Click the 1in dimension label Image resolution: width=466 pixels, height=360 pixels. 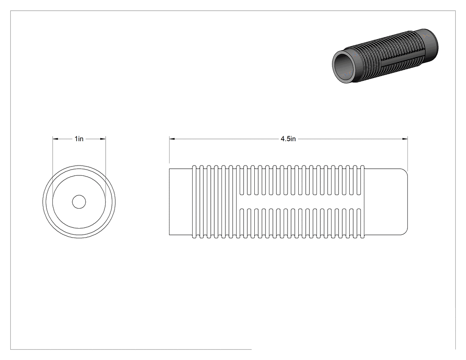79,139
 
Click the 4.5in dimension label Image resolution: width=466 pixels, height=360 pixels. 288,139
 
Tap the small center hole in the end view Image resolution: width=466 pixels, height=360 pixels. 79,202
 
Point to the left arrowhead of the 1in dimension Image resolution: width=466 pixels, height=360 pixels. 55,138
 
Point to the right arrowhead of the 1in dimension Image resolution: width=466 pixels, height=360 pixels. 103,138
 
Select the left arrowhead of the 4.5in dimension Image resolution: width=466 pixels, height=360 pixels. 172,138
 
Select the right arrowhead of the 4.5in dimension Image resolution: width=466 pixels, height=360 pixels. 405,138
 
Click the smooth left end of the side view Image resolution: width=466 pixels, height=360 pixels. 181,202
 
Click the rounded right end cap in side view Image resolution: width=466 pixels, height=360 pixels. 386,202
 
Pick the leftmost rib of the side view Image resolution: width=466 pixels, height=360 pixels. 195,202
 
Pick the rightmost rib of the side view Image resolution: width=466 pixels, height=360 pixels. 362,202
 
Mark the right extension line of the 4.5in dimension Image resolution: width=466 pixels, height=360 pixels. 407,154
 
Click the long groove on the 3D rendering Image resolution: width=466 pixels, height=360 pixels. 395,59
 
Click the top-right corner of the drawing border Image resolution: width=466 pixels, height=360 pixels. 455,11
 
